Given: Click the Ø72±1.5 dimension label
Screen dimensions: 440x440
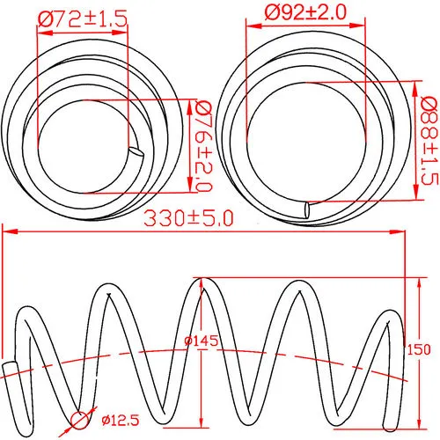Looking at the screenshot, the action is pyautogui.click(x=83, y=19).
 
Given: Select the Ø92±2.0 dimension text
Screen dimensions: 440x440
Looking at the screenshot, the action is pyautogui.click(x=305, y=12).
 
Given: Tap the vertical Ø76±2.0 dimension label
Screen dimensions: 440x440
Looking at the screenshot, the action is pyautogui.click(x=202, y=146).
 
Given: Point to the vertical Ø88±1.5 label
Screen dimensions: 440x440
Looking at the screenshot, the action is pyautogui.click(x=429, y=140).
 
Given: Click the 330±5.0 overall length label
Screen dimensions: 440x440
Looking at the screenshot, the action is pyautogui.click(x=188, y=218).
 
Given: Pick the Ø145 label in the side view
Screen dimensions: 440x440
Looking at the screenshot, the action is pyautogui.click(x=202, y=341).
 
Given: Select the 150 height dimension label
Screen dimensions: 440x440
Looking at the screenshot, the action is pyautogui.click(x=419, y=349).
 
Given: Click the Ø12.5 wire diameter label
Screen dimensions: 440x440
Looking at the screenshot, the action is pyautogui.click(x=121, y=421).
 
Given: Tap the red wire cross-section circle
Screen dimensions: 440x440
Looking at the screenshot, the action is pyautogui.click(x=79, y=421).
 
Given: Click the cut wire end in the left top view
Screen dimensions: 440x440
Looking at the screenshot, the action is pyautogui.click(x=136, y=151).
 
